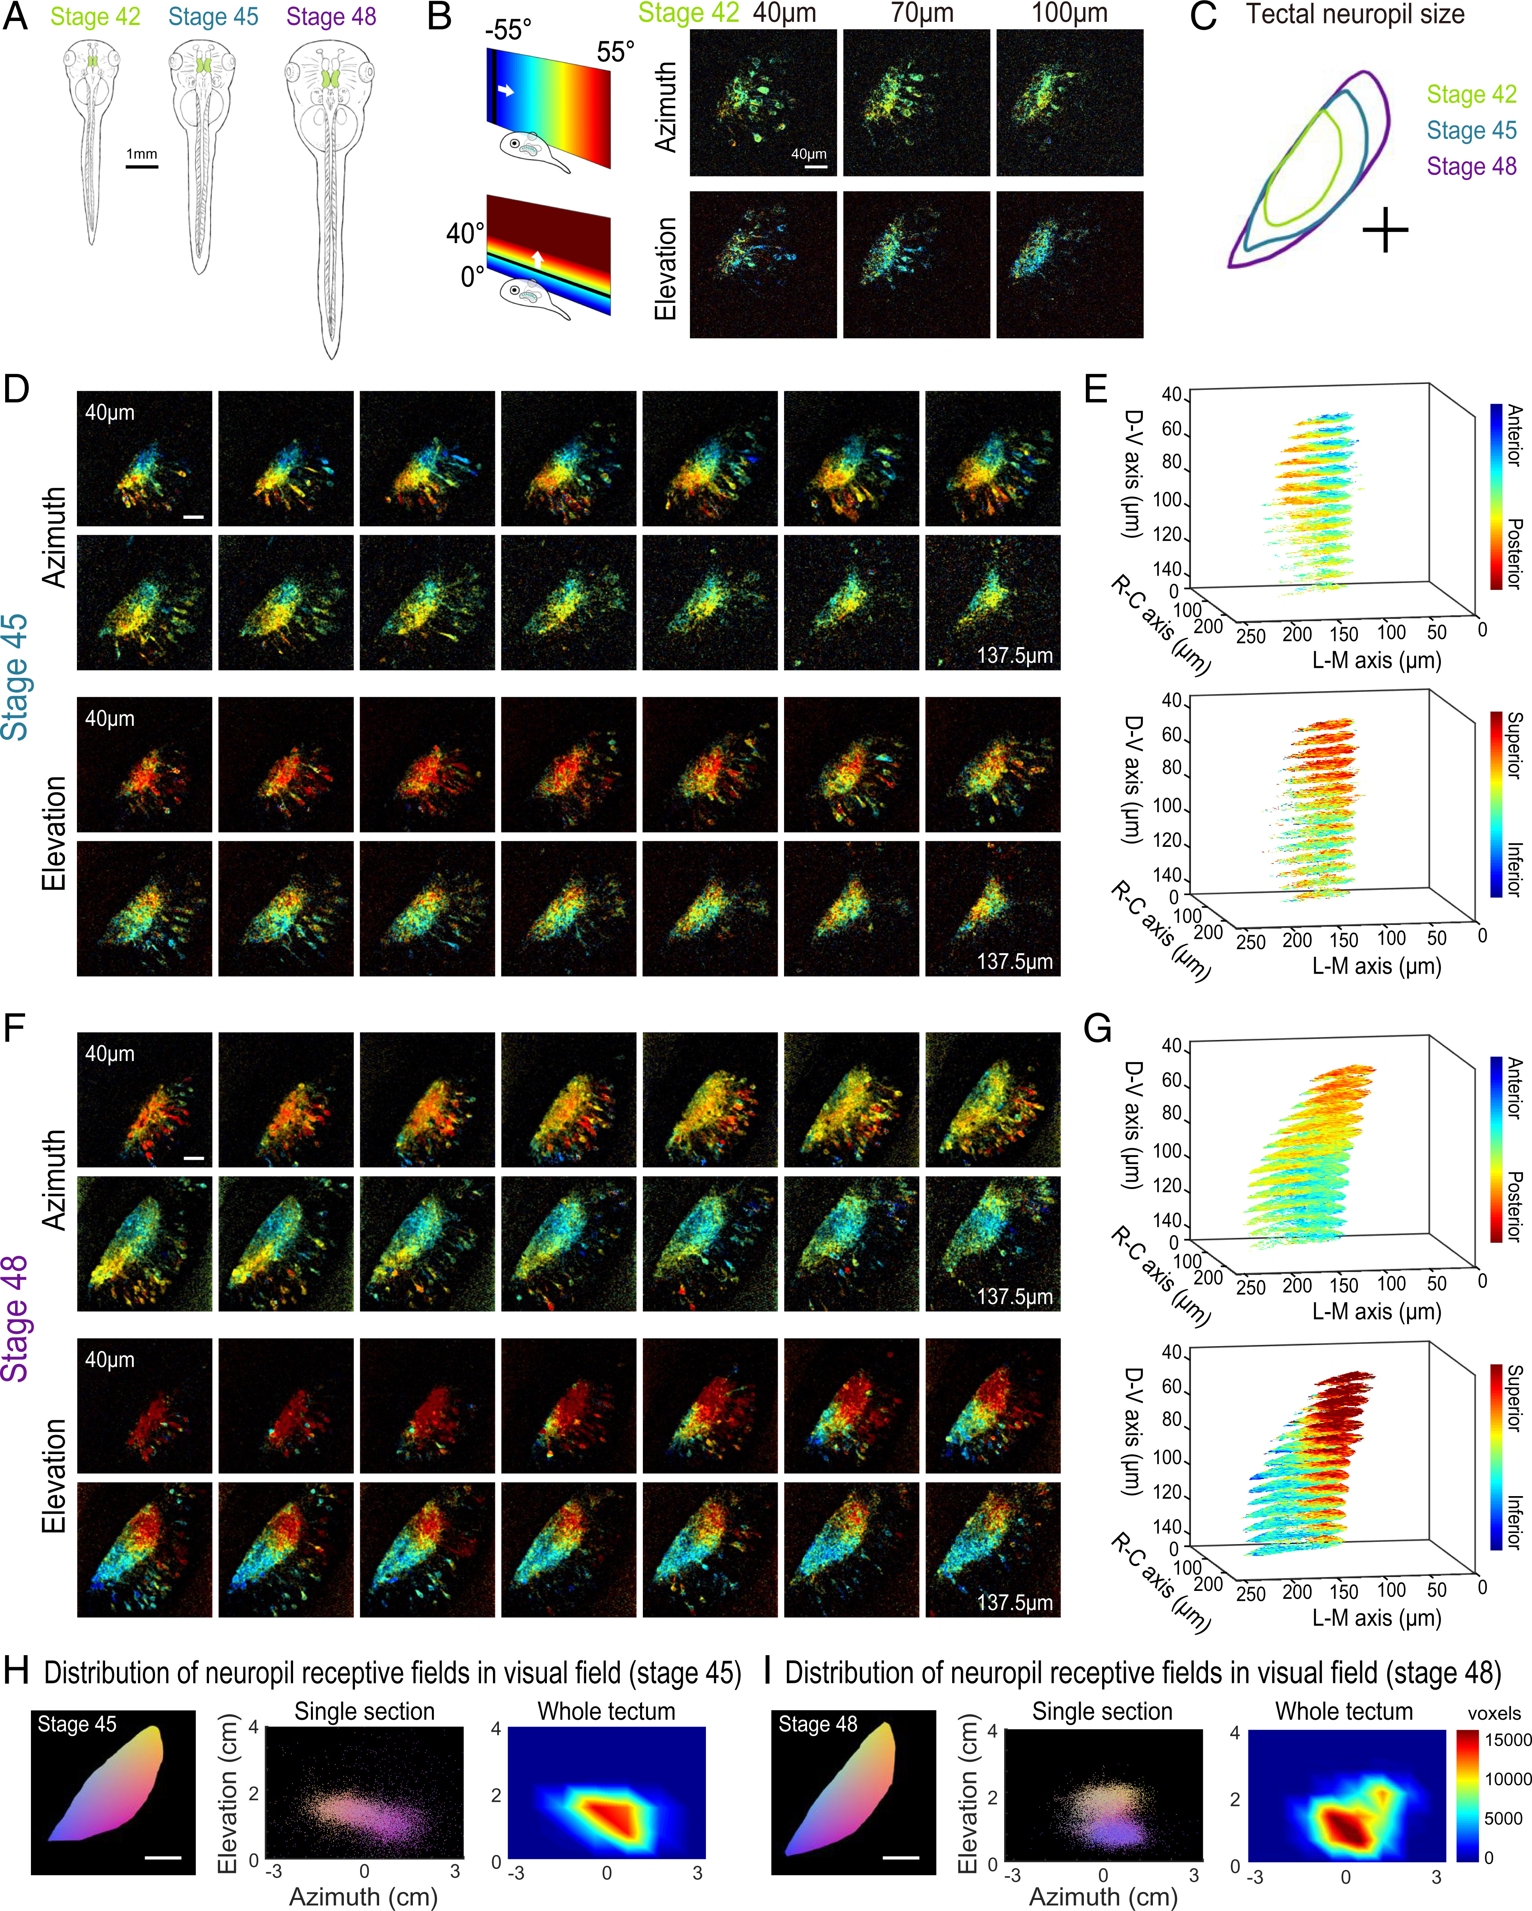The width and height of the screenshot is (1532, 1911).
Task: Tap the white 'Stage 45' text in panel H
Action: point(77,1725)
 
